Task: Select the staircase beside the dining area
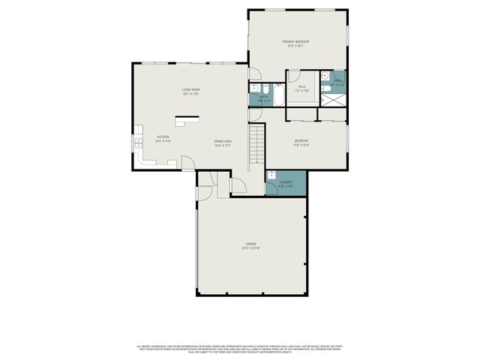pos(257,144)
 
